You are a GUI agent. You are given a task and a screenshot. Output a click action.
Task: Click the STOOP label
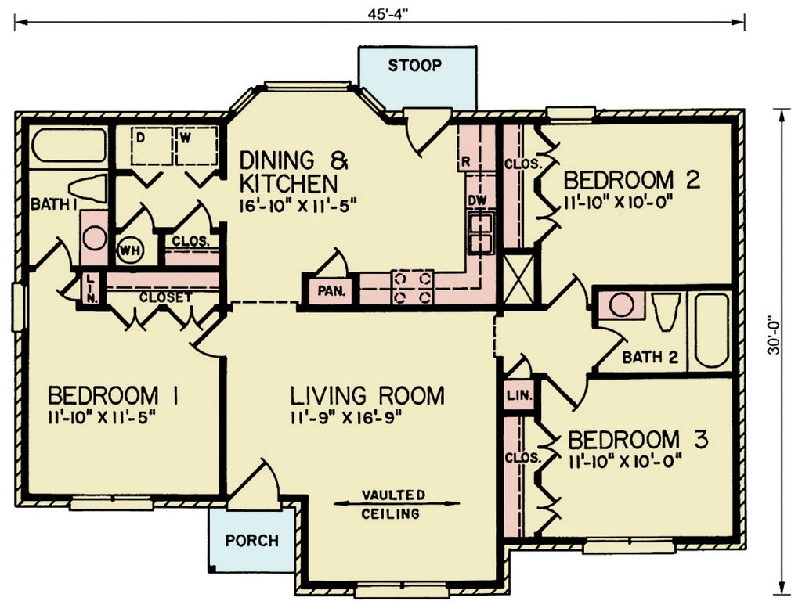[x=414, y=66]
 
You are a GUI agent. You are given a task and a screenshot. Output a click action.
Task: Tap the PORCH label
[x=251, y=540]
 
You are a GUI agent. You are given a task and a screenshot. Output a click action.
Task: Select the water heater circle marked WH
[x=131, y=250]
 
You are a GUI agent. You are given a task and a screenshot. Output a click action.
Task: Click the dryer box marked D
[x=151, y=146]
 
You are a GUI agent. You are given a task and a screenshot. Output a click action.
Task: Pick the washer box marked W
[x=197, y=146]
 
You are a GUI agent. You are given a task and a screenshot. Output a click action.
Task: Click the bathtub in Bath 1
[x=69, y=146]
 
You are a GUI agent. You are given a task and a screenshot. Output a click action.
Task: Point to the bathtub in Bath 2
[x=711, y=329]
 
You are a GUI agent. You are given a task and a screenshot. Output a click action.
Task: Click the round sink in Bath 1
[x=95, y=238]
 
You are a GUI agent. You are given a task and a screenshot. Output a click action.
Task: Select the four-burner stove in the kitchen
[x=412, y=287]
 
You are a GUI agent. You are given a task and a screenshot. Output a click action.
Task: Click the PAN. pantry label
[x=331, y=291]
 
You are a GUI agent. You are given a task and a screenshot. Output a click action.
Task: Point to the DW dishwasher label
[x=477, y=200]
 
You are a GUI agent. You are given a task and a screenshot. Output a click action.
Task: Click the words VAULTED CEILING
[x=393, y=504]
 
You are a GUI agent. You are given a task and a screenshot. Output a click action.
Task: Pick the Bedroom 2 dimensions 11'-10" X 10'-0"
[x=617, y=203]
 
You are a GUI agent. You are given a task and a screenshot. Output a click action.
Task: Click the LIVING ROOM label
[x=367, y=396]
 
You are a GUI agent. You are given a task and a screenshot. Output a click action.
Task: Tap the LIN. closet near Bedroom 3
[x=519, y=395]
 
